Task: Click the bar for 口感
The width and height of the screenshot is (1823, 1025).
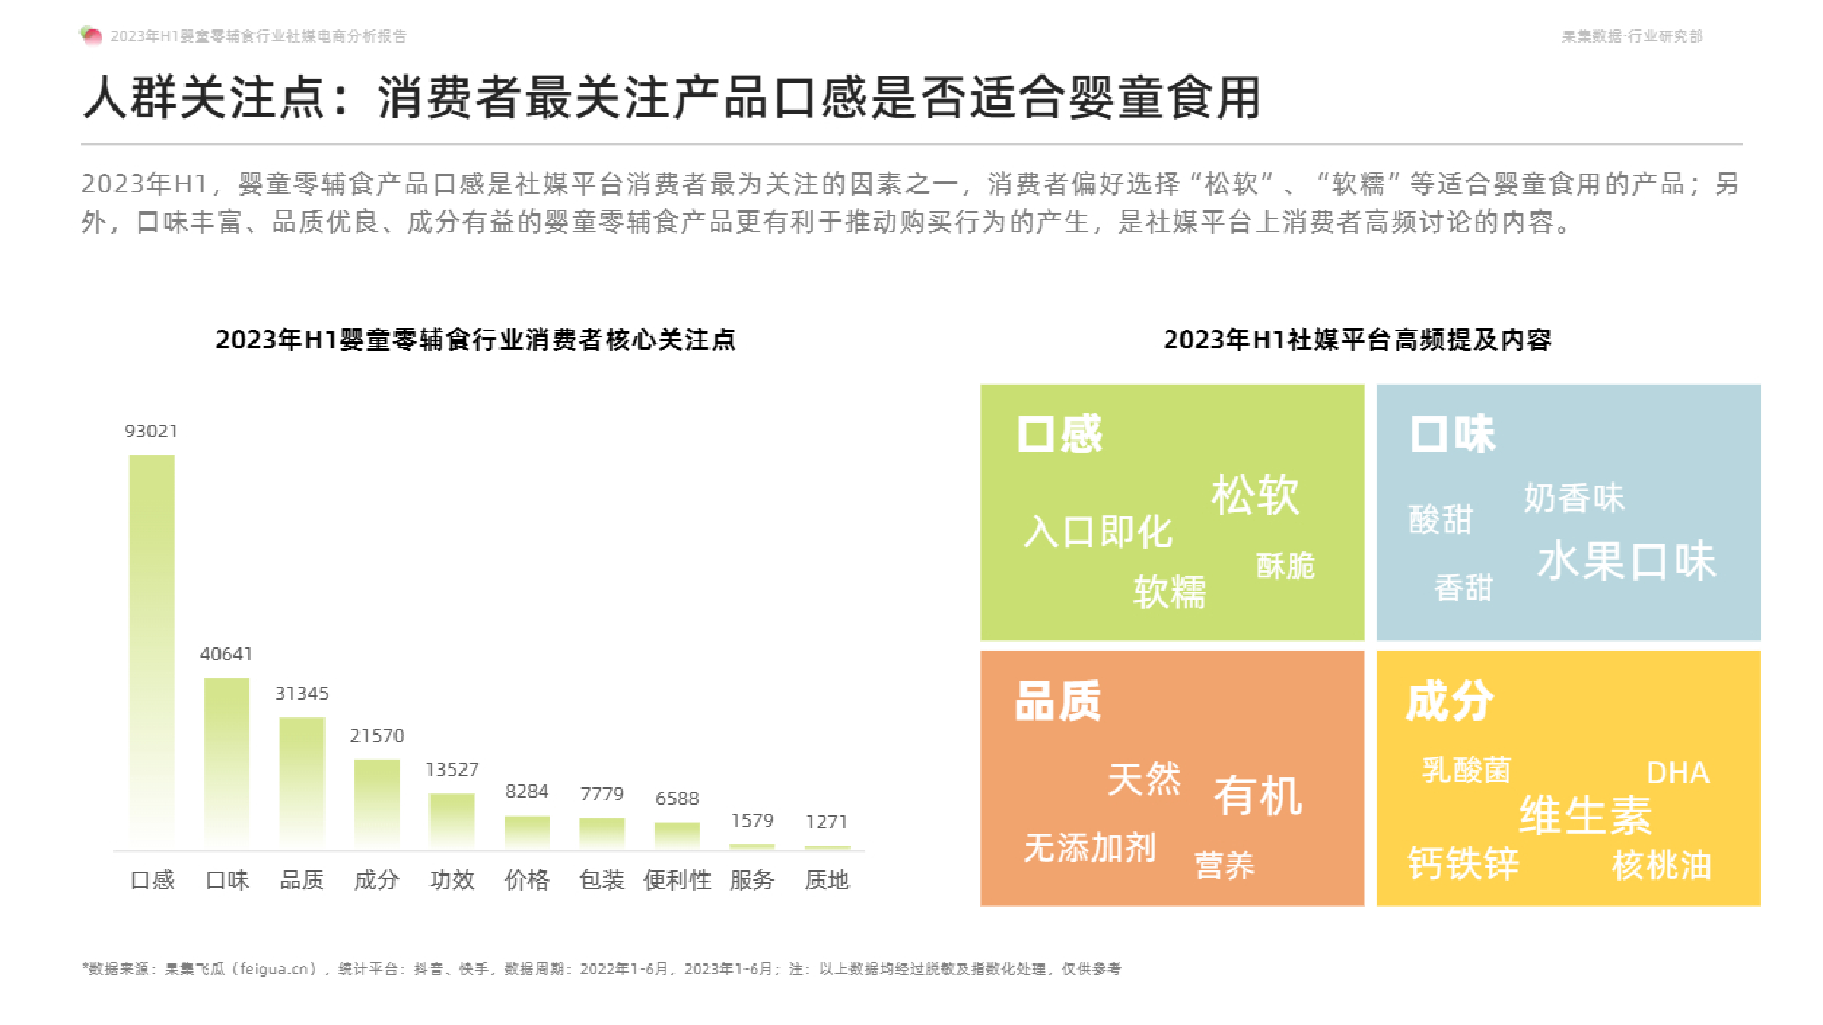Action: coord(151,651)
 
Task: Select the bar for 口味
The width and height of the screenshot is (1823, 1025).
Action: coord(226,763)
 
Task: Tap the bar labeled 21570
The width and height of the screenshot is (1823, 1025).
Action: coord(377,804)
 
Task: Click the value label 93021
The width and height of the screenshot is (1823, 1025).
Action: coord(151,431)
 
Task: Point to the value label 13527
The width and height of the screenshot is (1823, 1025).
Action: coord(452,769)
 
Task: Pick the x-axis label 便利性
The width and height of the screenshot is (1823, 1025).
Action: coord(677,880)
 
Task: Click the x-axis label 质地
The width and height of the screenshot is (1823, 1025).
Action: coord(827,880)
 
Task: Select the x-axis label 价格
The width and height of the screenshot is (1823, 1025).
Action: coord(526,880)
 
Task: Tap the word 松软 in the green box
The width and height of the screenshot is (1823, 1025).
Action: coord(1255,495)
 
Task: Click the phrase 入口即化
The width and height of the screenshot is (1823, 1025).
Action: coord(1098,531)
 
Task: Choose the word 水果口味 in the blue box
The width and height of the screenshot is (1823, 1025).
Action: coord(1626,561)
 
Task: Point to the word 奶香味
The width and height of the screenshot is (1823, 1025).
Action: coord(1574,498)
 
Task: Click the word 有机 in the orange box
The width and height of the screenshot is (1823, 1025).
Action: coord(1257,795)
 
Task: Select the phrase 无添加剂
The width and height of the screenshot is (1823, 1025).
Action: coord(1090,847)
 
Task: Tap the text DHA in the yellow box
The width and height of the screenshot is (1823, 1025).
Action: coord(1678,772)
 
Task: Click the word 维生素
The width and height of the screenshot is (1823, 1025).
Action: coord(1585,815)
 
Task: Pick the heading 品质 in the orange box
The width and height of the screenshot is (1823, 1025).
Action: coord(1058,701)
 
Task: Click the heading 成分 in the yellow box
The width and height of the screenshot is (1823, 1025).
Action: coord(1449,701)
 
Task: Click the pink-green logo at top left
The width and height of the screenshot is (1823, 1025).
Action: coord(91,36)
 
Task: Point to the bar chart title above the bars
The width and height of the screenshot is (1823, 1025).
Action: coord(475,339)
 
